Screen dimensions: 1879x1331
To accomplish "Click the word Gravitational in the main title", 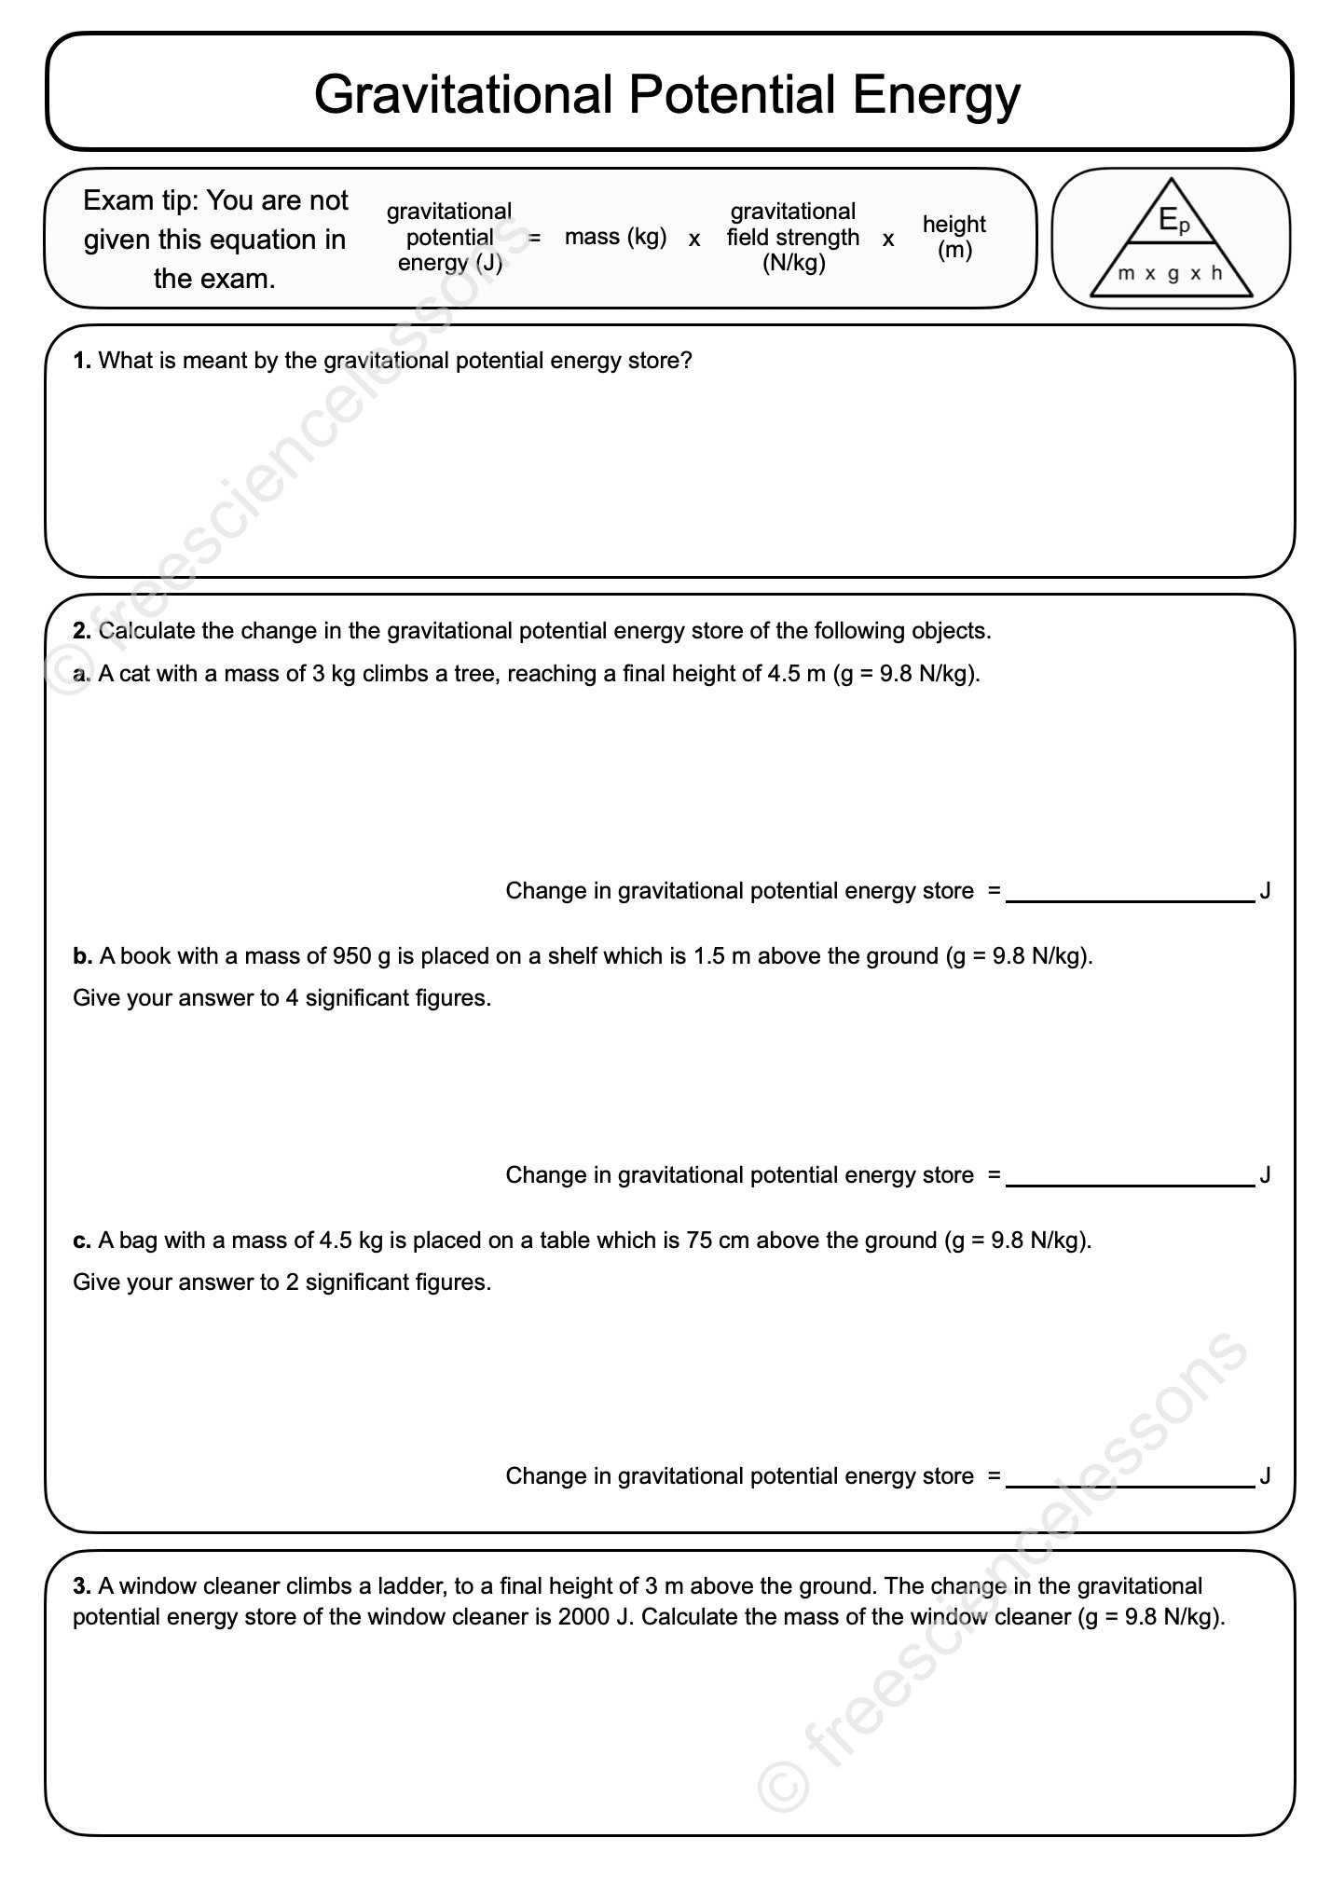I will (x=462, y=95).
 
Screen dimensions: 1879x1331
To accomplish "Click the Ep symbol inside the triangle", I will (x=1173, y=220).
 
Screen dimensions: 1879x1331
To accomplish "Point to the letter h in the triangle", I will (x=1216, y=273).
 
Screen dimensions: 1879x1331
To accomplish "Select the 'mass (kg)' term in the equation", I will (x=615, y=237).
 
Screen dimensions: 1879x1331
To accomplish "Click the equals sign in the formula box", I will (x=535, y=238).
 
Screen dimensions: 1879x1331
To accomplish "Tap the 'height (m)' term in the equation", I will (x=954, y=237).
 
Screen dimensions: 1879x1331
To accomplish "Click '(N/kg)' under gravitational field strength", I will (x=793, y=263).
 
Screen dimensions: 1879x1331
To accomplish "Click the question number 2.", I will (x=82, y=631).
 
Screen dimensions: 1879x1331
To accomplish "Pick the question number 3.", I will (x=82, y=1585).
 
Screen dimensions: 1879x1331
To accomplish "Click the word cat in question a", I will (x=135, y=674).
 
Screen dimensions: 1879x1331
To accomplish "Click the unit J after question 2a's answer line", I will (x=1265, y=891).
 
